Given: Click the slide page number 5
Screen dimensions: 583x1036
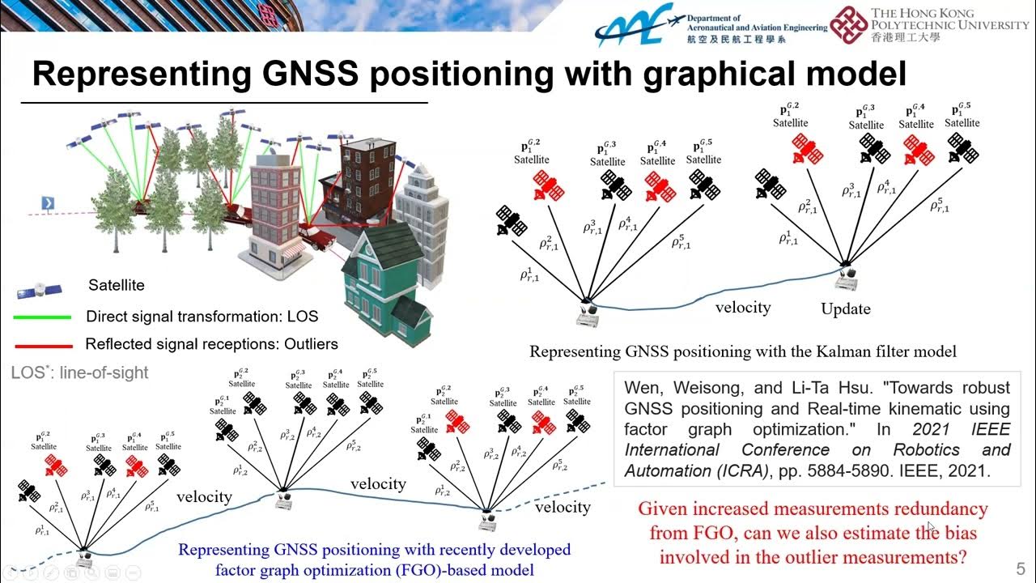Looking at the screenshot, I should [1020, 568].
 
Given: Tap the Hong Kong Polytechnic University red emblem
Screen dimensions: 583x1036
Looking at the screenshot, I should [848, 24].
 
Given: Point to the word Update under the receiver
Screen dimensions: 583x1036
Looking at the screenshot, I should [846, 309].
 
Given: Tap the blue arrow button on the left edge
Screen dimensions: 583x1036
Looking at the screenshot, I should [49, 202].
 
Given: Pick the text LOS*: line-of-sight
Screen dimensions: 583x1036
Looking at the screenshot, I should [80, 373].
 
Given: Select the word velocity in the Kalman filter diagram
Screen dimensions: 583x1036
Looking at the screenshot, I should [742, 307].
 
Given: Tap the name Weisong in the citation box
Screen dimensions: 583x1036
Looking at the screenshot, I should [701, 387].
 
